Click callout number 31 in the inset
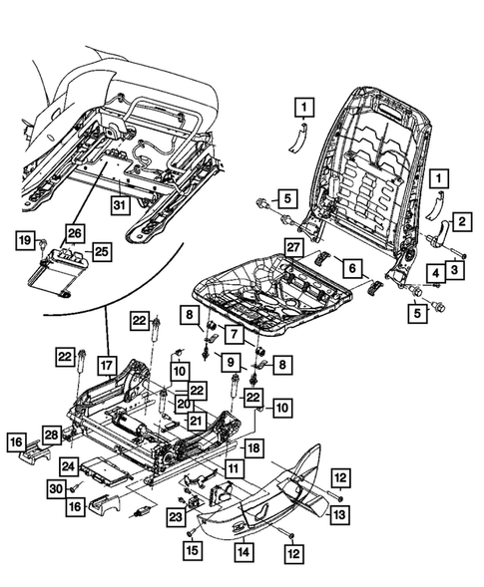pyautogui.click(x=120, y=205)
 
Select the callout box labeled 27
pyautogui.click(x=292, y=247)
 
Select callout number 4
pyautogui.click(x=436, y=271)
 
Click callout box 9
pyautogui.click(x=230, y=362)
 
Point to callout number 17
pyautogui.click(x=106, y=364)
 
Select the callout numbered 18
pyautogui.click(x=253, y=448)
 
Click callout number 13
pyautogui.click(x=340, y=514)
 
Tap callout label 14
pyautogui.click(x=242, y=548)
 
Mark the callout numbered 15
pyautogui.click(x=191, y=548)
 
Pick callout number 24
pyautogui.click(x=68, y=464)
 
